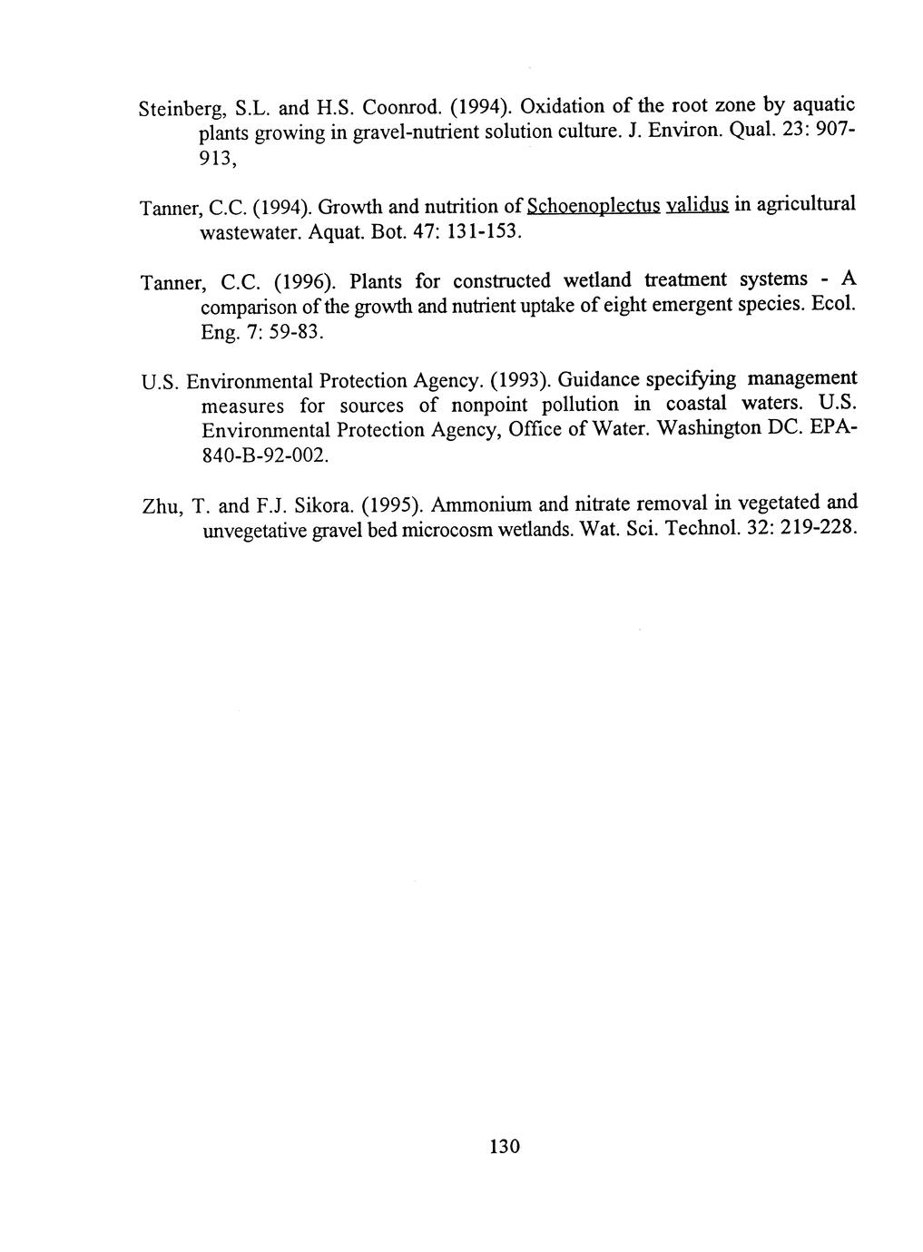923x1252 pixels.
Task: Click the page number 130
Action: [504, 1146]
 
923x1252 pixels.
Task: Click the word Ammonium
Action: [476, 504]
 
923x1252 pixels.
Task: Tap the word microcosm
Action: [448, 531]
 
